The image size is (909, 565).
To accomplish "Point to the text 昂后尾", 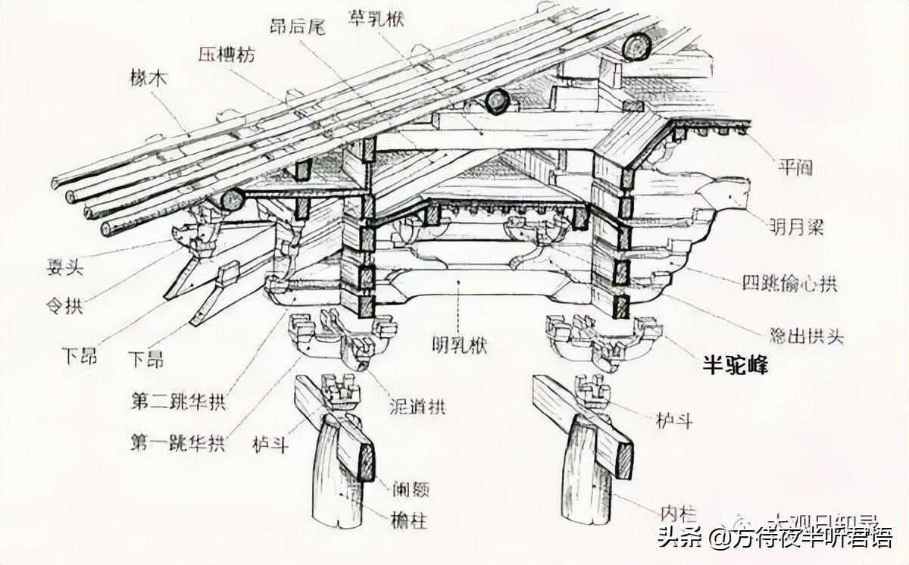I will tap(297, 27).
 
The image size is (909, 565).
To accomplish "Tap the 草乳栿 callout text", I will tap(376, 17).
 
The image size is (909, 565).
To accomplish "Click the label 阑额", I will tap(411, 490).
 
